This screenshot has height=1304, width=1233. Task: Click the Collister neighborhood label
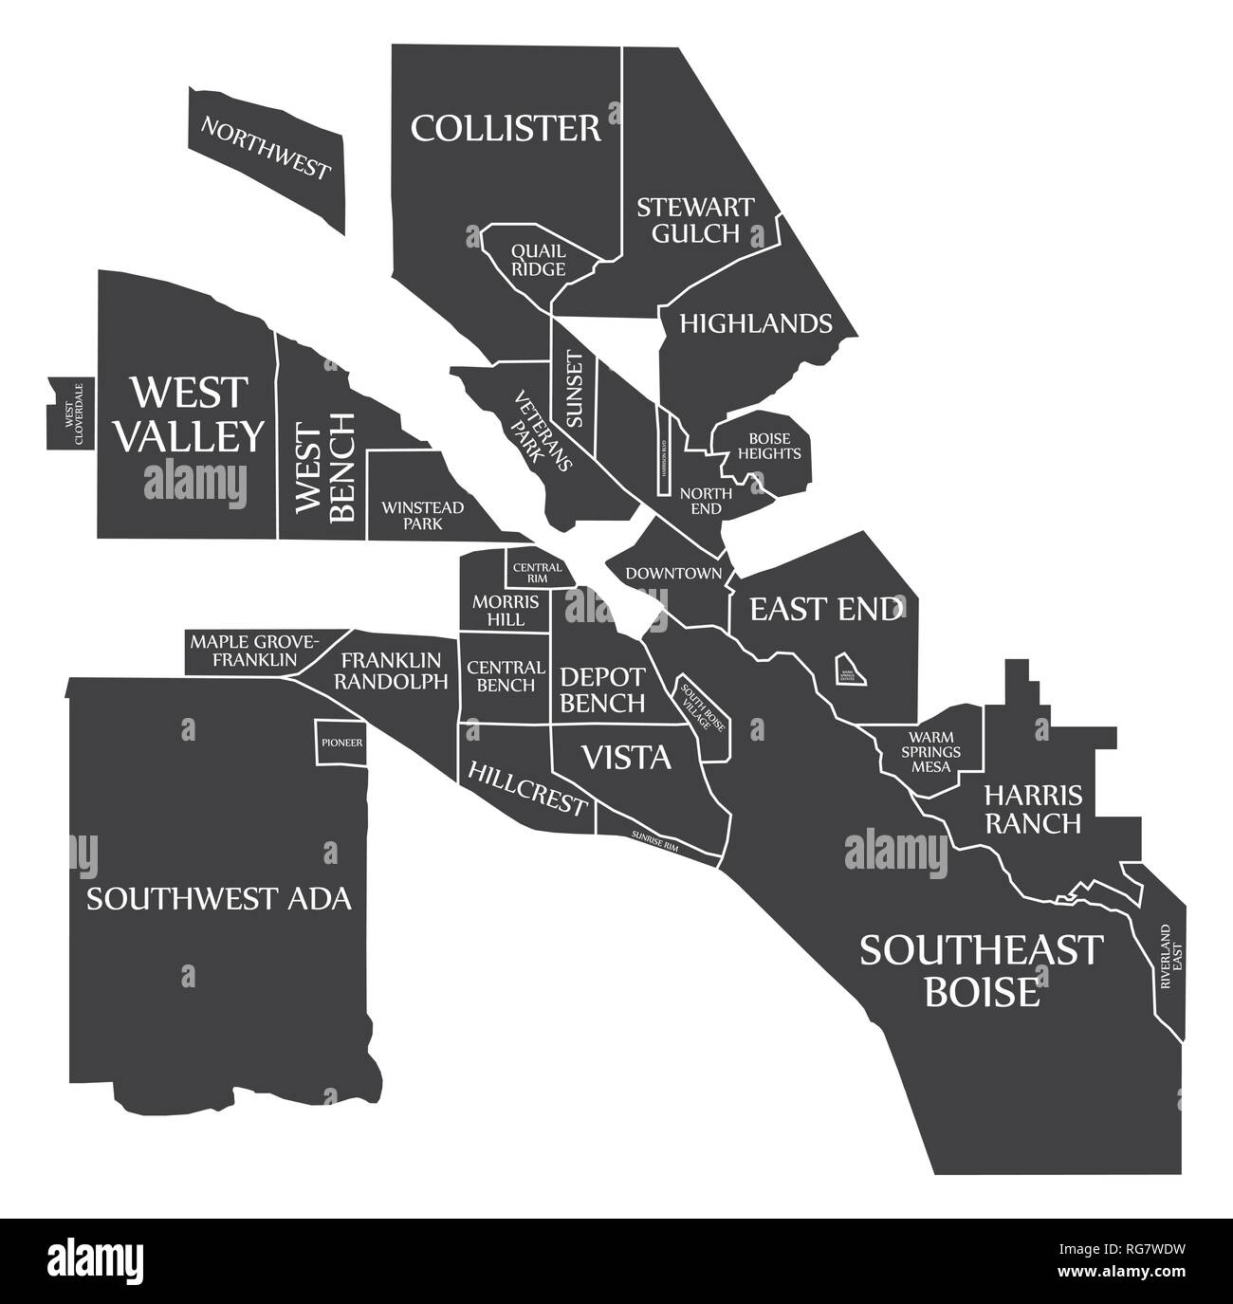pos(506,127)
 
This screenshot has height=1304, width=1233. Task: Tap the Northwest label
pos(265,148)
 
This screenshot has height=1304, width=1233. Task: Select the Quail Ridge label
pos(539,260)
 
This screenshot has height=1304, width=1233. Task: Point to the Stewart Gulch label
pos(695,219)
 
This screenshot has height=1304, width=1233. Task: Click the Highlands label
pos(755,323)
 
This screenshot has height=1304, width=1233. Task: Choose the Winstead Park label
pos(422,515)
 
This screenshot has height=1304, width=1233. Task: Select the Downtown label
pos(673,573)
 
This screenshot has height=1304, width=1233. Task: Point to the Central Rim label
pos(530,573)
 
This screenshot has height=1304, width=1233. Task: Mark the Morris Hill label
pos(506,610)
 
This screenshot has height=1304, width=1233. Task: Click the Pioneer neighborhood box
pos(340,742)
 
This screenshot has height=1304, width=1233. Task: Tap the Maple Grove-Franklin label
pos(255,650)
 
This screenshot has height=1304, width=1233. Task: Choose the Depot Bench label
pos(602,689)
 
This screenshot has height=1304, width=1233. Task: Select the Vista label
pos(625,757)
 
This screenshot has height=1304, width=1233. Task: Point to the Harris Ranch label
pos(1032,808)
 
